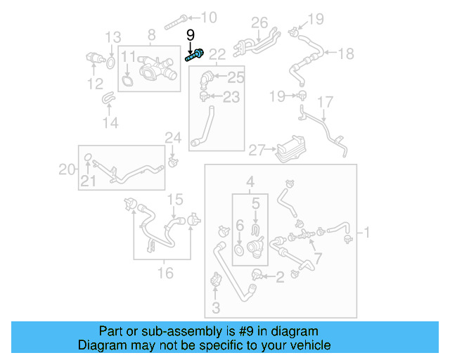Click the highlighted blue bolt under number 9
click(x=195, y=54)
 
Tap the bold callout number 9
click(x=190, y=34)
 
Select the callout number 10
click(x=209, y=17)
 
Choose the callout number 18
click(x=346, y=53)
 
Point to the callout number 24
click(x=173, y=136)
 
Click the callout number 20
click(x=66, y=168)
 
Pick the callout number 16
click(x=165, y=273)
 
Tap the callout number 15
click(x=175, y=198)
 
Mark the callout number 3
click(x=216, y=307)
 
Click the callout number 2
click(x=279, y=277)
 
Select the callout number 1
click(x=366, y=231)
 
